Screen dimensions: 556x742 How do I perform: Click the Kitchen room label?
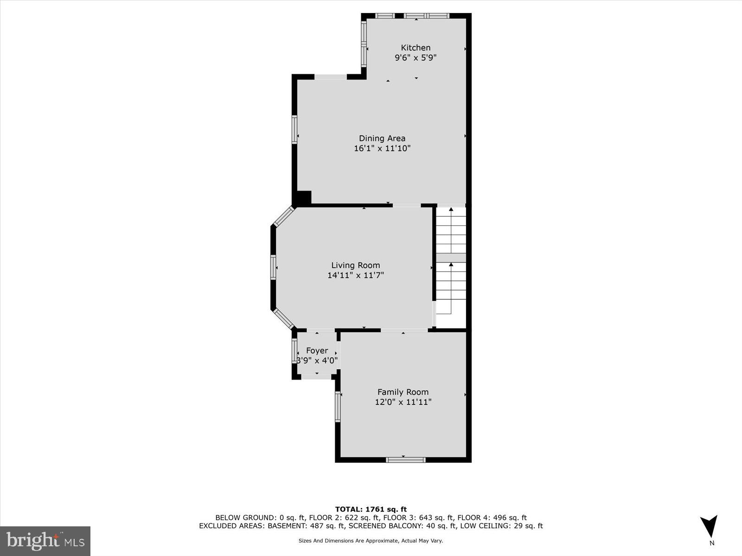click(x=416, y=48)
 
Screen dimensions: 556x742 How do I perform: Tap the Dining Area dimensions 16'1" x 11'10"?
click(x=382, y=149)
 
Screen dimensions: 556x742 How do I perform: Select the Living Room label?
click(x=355, y=265)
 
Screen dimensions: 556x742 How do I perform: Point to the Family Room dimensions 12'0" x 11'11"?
click(x=403, y=402)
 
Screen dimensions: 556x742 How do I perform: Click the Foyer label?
click(x=317, y=351)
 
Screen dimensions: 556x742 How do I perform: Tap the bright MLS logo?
click(x=45, y=541)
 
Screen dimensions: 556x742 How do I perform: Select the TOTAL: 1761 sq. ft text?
click(x=371, y=509)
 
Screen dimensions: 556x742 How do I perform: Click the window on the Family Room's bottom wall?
click(x=405, y=460)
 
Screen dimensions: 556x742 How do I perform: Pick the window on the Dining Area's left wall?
click(x=294, y=129)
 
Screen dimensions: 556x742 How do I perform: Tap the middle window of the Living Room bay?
click(x=273, y=268)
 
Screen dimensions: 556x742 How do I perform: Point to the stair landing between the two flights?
click(x=451, y=258)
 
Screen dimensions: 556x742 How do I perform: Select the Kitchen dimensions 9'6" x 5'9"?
click(x=416, y=58)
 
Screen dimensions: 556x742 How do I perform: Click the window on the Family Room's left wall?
click(x=338, y=406)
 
